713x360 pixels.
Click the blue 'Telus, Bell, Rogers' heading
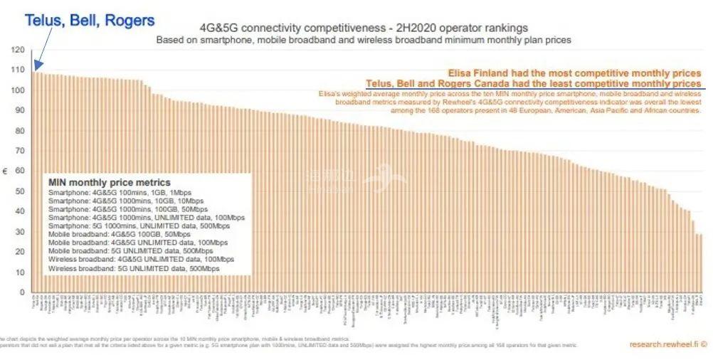[89, 20]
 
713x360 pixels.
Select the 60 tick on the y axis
[19, 171]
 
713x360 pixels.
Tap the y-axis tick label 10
[19, 272]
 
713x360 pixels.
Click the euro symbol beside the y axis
[6, 171]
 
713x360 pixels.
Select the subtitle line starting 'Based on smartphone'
[363, 41]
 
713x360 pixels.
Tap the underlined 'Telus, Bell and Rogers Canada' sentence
[533, 84]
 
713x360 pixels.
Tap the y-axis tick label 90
[19, 111]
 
